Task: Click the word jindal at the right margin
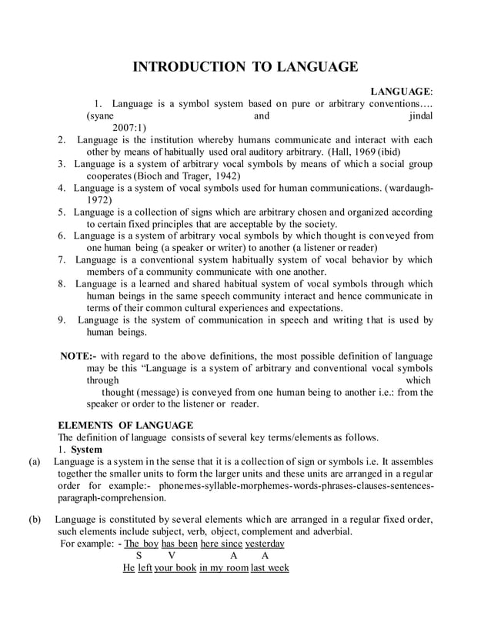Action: pos(422,115)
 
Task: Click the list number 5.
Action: pos(62,212)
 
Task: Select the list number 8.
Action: pos(62,283)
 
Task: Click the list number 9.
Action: pos(62,320)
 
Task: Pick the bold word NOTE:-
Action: pos(78,356)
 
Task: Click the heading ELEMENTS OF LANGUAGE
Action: pos(126,425)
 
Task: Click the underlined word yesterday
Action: pos(265,544)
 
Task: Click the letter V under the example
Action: pos(172,555)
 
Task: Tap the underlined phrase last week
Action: pos(269,567)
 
